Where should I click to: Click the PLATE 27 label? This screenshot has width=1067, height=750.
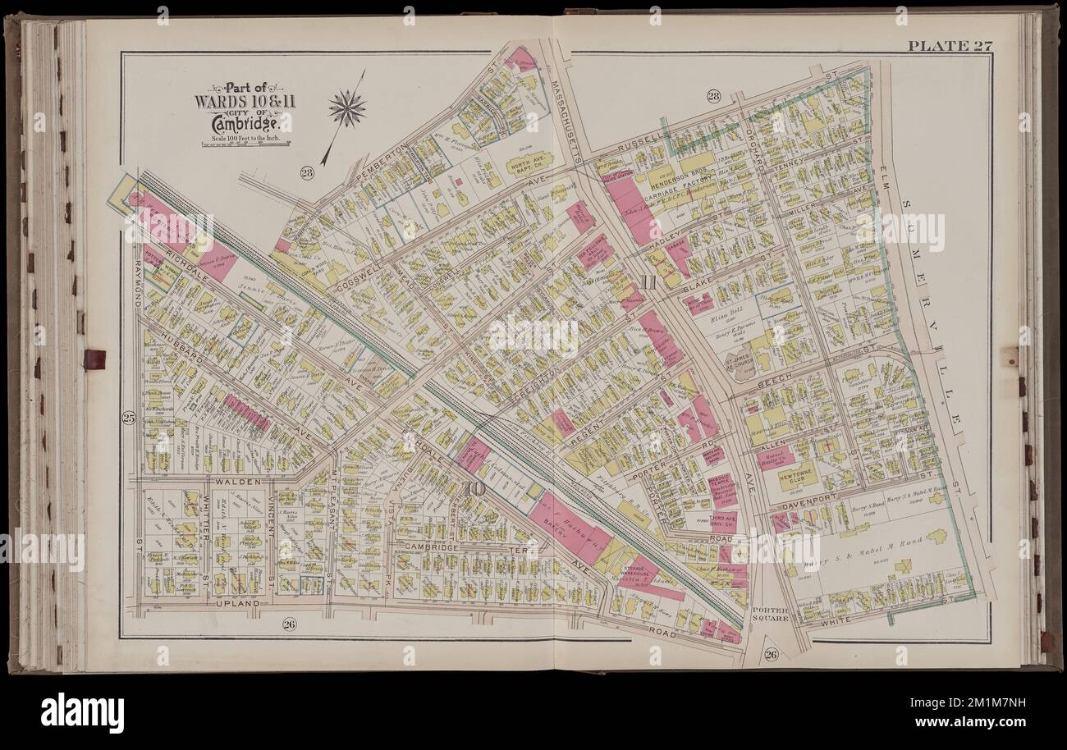click(950, 45)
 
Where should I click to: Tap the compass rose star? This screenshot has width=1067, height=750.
click(346, 108)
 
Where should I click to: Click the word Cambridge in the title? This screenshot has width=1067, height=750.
click(243, 123)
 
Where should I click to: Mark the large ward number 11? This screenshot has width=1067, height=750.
click(648, 284)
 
